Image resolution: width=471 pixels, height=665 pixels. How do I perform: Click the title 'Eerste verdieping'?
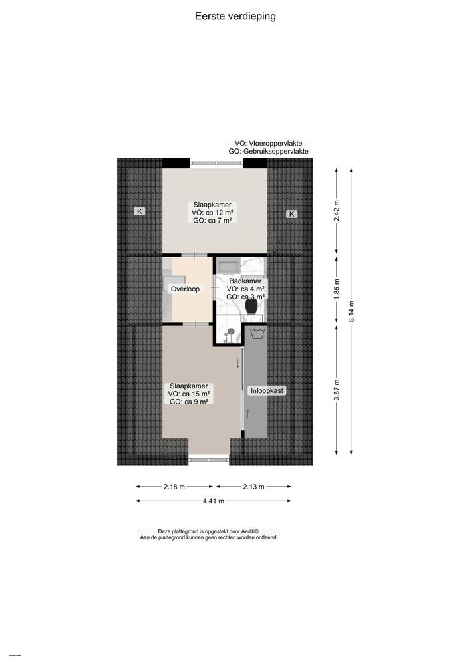pyautogui.click(x=235, y=16)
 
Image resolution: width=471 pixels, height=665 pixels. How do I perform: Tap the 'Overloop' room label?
pyautogui.click(x=185, y=289)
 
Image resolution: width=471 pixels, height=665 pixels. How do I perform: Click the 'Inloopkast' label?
pyautogui.click(x=267, y=391)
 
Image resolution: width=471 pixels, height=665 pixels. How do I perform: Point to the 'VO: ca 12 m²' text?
pyautogui.click(x=213, y=213)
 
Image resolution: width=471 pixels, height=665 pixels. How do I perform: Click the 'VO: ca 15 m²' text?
pyautogui.click(x=190, y=394)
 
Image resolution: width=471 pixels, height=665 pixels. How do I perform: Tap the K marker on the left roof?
pyautogui.click(x=140, y=212)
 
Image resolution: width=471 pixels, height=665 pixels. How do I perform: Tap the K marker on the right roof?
pyautogui.click(x=291, y=213)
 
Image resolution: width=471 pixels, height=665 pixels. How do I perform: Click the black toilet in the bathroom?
pyautogui.click(x=251, y=307)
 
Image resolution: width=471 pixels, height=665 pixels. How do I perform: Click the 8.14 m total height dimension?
pyautogui.click(x=352, y=311)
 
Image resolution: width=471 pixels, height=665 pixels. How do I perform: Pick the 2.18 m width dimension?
pyautogui.click(x=174, y=487)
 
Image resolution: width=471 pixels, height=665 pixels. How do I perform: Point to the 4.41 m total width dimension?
pyautogui.click(x=214, y=501)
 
